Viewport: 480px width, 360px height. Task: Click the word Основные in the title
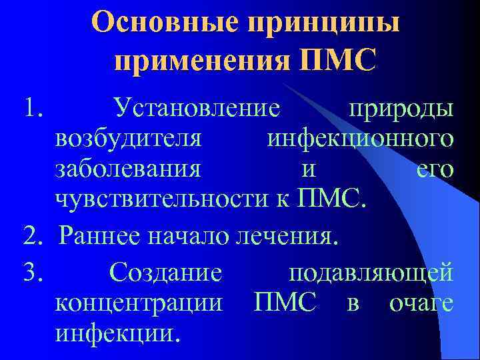pyautogui.click(x=165, y=24)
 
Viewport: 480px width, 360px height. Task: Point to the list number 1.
pyautogui.click(x=32, y=107)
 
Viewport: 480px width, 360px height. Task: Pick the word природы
pyautogui.click(x=401, y=107)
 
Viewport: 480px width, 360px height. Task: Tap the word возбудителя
pyautogui.click(x=129, y=139)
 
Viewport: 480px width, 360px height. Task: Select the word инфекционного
pyautogui.click(x=361, y=139)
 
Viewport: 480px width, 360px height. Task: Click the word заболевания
pyautogui.click(x=128, y=169)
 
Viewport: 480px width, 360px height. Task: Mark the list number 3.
pyautogui.click(x=32, y=272)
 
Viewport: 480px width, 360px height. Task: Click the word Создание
pyautogui.click(x=166, y=272)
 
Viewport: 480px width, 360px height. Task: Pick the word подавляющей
pyautogui.click(x=371, y=272)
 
